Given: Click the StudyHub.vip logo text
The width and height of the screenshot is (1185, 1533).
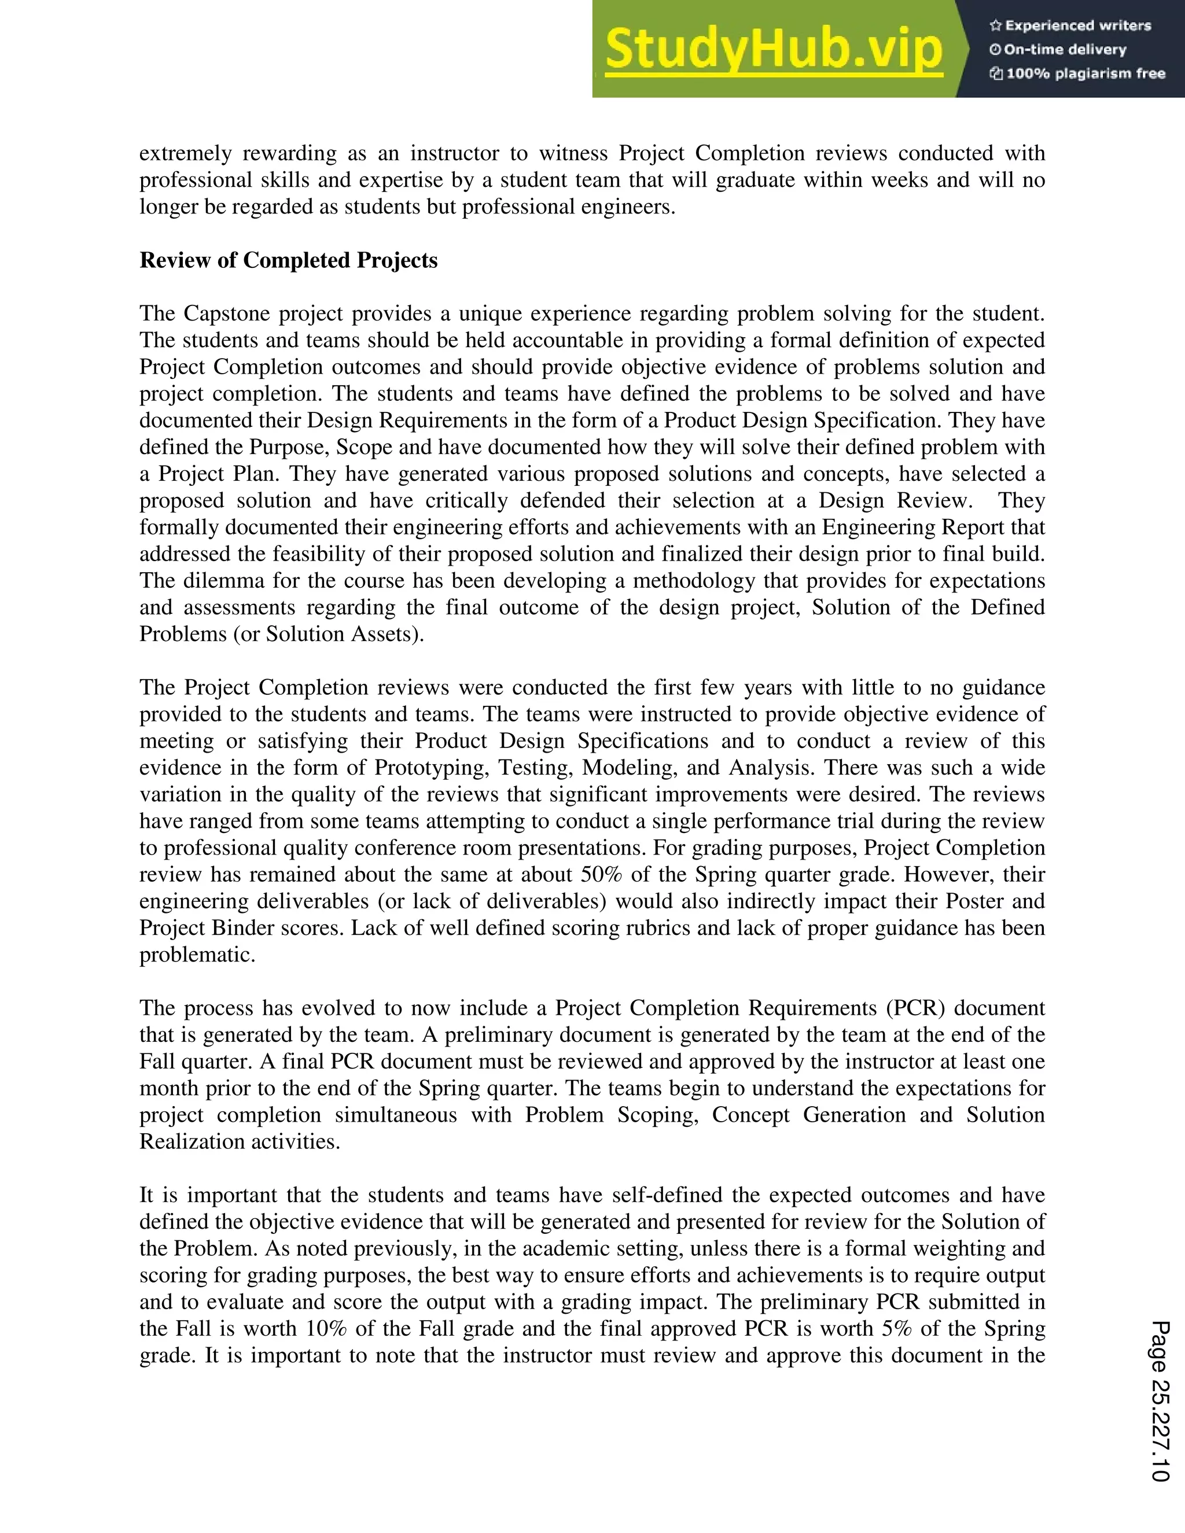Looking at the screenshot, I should pos(773,49).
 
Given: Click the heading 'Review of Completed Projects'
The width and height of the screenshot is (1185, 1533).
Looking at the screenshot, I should pos(289,260).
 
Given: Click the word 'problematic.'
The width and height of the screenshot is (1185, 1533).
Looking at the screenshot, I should pos(197,955).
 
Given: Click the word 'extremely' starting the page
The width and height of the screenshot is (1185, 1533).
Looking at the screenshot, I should pos(185,154).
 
